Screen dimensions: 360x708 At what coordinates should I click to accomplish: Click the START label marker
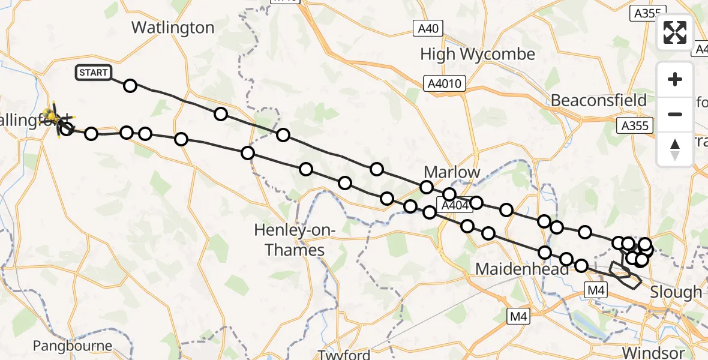[93, 73]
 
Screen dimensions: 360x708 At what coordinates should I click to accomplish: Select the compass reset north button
[675, 149]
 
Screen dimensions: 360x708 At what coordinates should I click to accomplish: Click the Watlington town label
[173, 28]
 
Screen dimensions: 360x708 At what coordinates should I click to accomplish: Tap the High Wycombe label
[477, 55]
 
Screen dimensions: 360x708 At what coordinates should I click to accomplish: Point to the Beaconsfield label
[599, 100]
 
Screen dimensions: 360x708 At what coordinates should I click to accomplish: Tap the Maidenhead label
[521, 269]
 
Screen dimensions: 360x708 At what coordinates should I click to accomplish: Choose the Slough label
[676, 292]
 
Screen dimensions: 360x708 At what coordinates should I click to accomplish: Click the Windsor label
[653, 352]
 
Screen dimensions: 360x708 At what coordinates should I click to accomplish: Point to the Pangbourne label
[73, 346]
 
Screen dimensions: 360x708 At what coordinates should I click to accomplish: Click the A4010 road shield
[445, 83]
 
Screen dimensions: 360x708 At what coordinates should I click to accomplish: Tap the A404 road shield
[454, 206]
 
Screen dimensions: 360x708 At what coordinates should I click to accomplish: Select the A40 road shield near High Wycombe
[428, 28]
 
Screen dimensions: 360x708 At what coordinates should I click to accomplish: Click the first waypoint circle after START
[130, 86]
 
